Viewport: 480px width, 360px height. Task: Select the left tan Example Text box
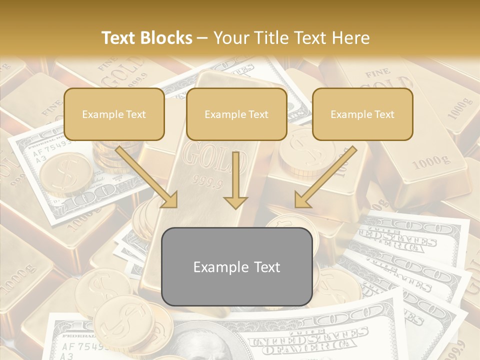114,114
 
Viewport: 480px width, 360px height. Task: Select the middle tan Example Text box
236,114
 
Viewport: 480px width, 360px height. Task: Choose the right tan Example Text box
362,114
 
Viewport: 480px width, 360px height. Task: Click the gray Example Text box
237,267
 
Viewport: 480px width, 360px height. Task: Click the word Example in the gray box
219,267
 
